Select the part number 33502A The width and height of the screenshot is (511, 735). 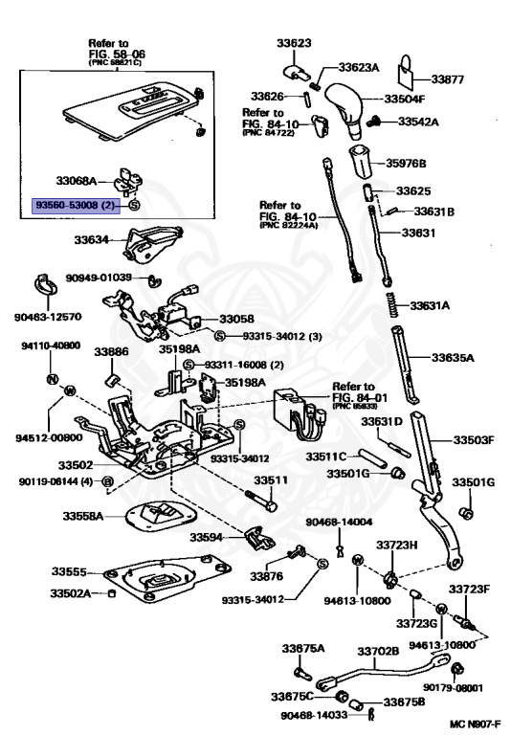[71, 593]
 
